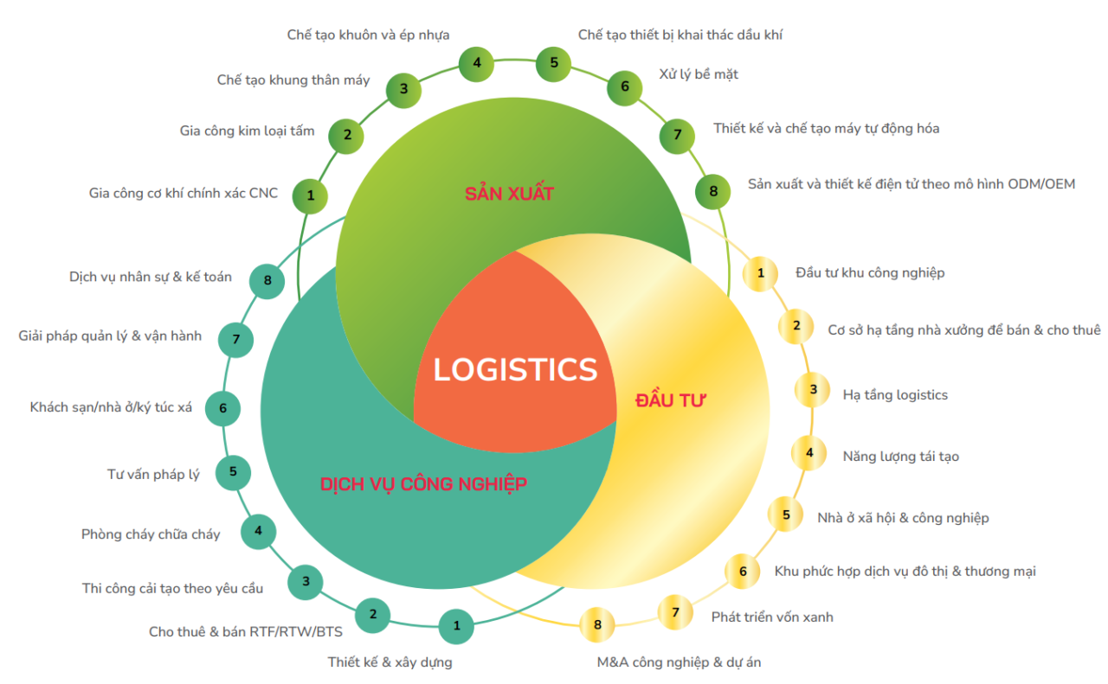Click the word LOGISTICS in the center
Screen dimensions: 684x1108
[515, 369]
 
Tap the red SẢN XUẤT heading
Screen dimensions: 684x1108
[509, 193]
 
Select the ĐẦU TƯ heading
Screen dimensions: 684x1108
[671, 400]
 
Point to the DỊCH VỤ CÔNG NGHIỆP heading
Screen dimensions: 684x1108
[423, 483]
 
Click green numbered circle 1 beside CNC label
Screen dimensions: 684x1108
[311, 195]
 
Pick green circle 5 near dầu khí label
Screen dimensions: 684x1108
[554, 62]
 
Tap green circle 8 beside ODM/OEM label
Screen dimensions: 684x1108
[713, 191]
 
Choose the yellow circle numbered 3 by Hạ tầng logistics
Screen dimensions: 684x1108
[813, 389]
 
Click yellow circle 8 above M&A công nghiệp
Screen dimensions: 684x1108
[597, 624]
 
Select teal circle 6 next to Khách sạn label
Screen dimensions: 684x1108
[222, 407]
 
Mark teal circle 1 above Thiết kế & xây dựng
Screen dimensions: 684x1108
[457, 625]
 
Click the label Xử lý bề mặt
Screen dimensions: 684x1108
[699, 74]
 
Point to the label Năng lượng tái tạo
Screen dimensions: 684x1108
[900, 456]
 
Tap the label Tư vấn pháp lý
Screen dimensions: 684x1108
[153, 474]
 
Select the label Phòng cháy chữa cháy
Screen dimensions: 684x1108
[151, 534]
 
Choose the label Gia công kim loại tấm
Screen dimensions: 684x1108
[247, 131]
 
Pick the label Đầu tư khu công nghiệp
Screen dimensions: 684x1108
[870, 272]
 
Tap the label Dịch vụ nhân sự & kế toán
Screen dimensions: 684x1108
[151, 277]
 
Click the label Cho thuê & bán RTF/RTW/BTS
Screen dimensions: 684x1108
[246, 631]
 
